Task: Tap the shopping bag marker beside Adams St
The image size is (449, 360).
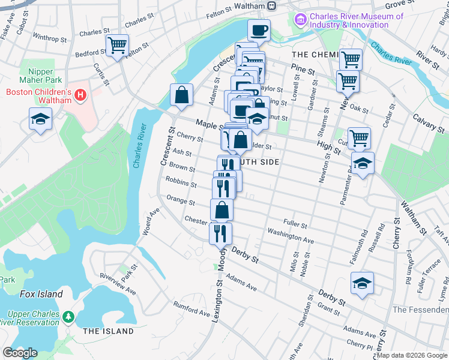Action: [181, 95]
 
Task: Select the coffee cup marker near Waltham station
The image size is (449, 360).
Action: [259, 29]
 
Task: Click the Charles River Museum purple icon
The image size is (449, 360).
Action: [300, 21]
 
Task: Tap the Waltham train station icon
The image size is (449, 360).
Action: [271, 6]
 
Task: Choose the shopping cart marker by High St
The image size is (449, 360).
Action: [359, 139]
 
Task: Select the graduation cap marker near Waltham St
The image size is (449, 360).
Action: [363, 163]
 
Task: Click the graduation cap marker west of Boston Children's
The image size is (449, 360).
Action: [40, 119]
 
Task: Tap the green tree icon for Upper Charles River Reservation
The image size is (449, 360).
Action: [69, 316]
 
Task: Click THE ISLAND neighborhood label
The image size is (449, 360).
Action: [108, 331]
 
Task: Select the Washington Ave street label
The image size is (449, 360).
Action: [291, 235]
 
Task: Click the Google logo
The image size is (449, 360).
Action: [20, 353]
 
